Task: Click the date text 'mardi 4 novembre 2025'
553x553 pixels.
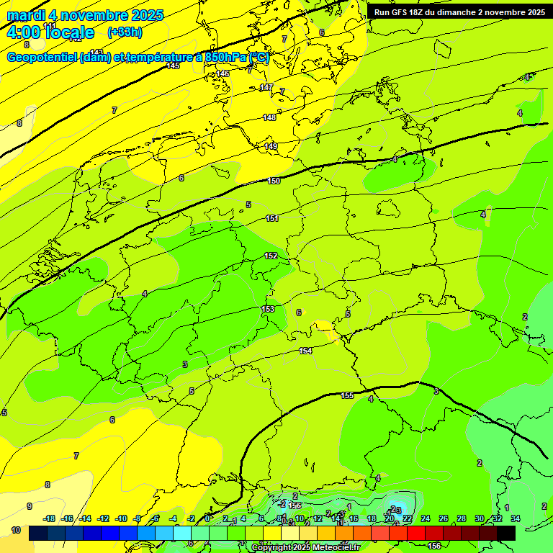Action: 85,15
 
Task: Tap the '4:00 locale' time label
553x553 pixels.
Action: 50,32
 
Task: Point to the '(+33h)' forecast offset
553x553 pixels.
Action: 124,32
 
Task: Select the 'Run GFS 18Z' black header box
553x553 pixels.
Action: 459,12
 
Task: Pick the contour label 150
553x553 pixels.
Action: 274,181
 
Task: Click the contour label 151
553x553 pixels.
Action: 272,218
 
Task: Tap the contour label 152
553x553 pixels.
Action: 271,256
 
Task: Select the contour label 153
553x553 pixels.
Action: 268,309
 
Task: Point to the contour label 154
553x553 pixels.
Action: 305,351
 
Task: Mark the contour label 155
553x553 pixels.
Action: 348,395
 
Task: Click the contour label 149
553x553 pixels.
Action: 271,146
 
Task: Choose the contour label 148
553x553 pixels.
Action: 269,117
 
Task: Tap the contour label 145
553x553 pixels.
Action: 173,66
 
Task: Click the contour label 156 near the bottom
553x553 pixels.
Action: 434,547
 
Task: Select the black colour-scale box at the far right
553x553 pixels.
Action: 506,533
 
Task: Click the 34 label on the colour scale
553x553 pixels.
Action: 515,518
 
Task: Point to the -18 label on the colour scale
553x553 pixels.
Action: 50,518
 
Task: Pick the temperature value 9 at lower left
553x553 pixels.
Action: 30,506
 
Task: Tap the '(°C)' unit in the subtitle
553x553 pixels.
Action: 258,58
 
